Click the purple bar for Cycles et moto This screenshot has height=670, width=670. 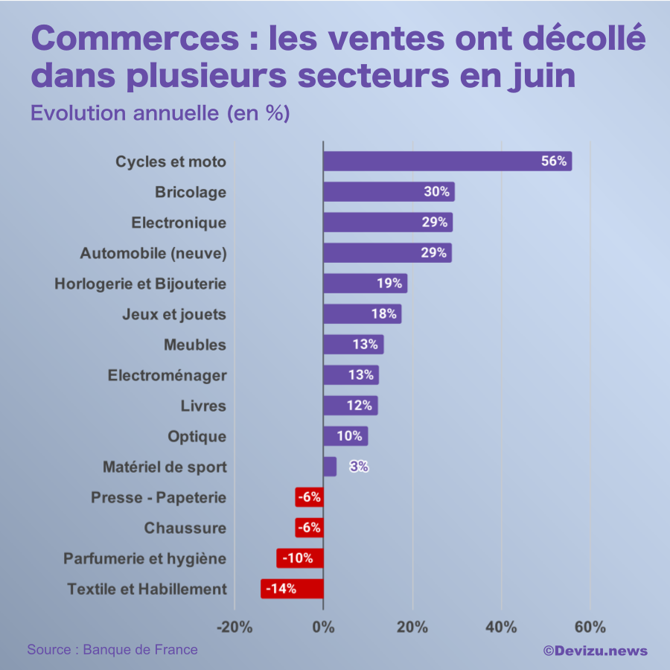click(x=447, y=162)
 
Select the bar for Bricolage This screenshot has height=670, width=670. click(x=388, y=192)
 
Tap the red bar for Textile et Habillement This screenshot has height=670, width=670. click(x=292, y=589)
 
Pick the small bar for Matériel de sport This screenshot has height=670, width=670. click(x=330, y=467)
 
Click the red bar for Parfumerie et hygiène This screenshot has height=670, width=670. click(x=300, y=558)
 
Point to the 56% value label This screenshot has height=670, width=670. click(x=554, y=162)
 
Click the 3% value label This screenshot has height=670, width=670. click(x=359, y=467)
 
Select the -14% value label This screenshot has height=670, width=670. click(x=281, y=589)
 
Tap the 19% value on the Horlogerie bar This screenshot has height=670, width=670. click(x=388, y=284)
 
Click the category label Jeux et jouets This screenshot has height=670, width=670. click(x=173, y=314)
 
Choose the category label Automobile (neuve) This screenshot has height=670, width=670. click(x=153, y=253)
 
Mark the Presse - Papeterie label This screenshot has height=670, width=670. click(x=158, y=497)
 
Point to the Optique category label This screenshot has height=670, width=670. click(x=197, y=436)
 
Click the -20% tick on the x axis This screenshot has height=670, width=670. click(x=234, y=627)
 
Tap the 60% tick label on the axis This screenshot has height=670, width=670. click(x=590, y=627)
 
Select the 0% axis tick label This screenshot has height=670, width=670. click(x=323, y=627)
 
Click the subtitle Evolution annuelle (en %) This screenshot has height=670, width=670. click(x=159, y=113)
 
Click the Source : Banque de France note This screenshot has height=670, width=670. click(x=112, y=650)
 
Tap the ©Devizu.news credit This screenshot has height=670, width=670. click(x=595, y=651)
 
